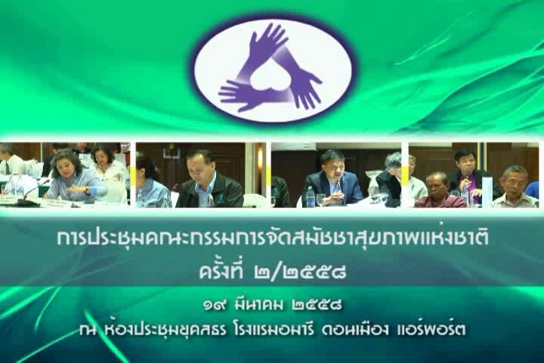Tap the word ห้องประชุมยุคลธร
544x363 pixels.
(x=165, y=330)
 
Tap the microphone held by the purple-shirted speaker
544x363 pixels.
(x=468, y=177)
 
